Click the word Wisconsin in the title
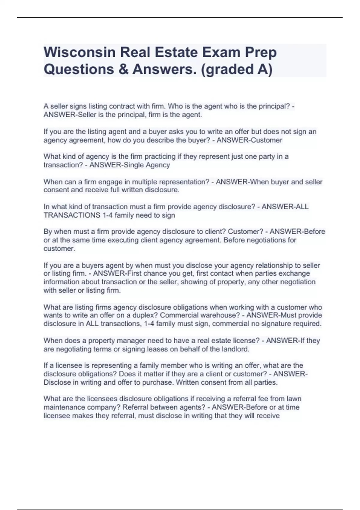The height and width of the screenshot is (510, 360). click(x=79, y=52)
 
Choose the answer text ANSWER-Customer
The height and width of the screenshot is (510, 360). click(x=249, y=140)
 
